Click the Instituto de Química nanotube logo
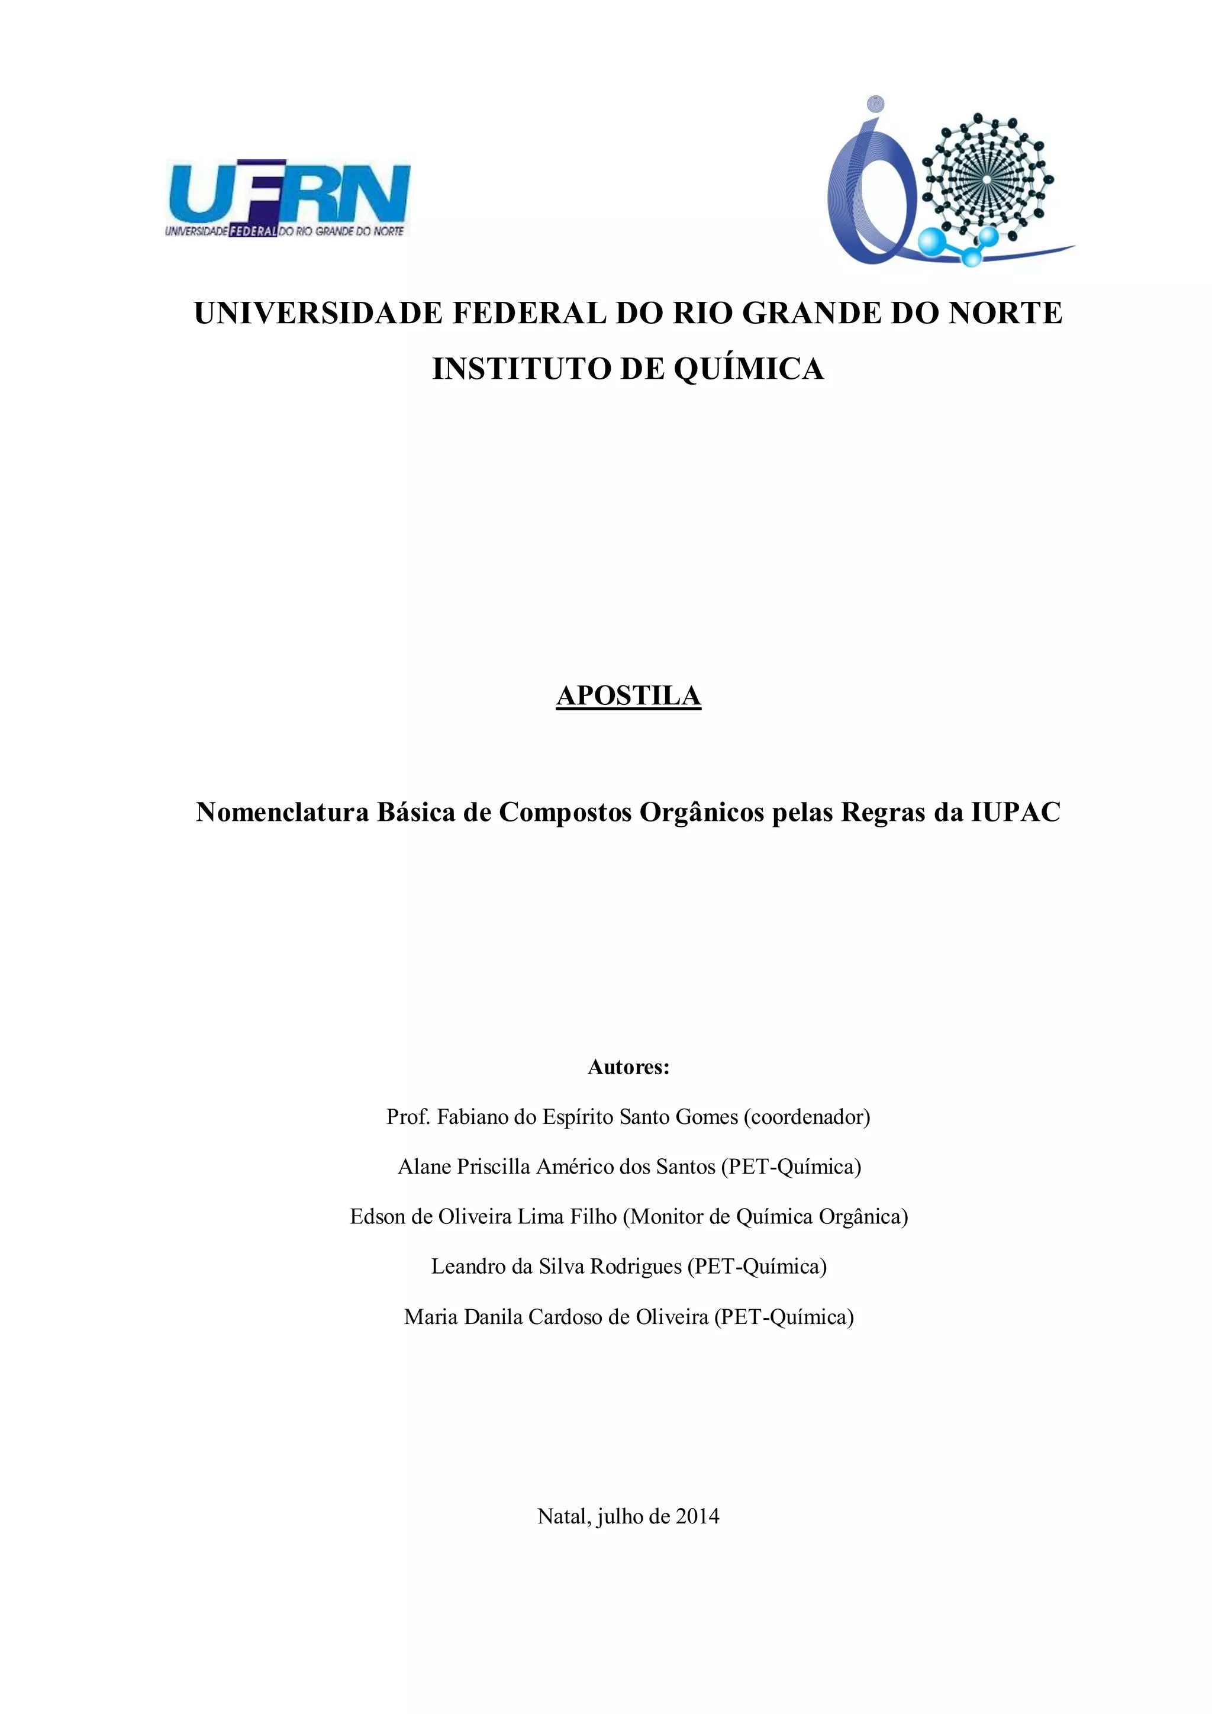click(950, 183)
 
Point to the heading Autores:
click(628, 1067)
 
